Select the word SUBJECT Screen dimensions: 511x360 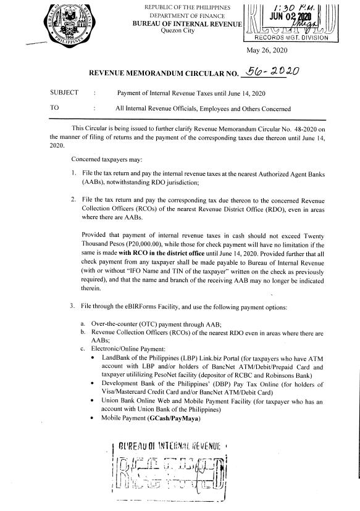point(64,93)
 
